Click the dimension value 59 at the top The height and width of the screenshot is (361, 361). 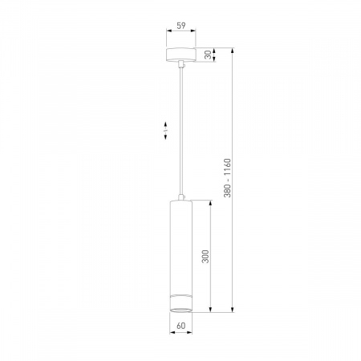point(181,26)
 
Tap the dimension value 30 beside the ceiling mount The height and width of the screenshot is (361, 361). point(208,55)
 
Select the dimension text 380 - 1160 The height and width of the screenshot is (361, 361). point(227,178)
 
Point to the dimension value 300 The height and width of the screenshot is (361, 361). point(205,257)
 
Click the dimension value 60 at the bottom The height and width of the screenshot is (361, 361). point(181,326)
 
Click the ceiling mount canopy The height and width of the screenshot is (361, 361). point(181,55)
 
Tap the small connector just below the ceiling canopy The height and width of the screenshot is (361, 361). point(181,64)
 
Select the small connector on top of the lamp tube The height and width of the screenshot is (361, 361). point(181,197)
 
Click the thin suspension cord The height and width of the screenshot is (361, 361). point(181,131)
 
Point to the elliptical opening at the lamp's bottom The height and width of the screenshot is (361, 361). point(181,310)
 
